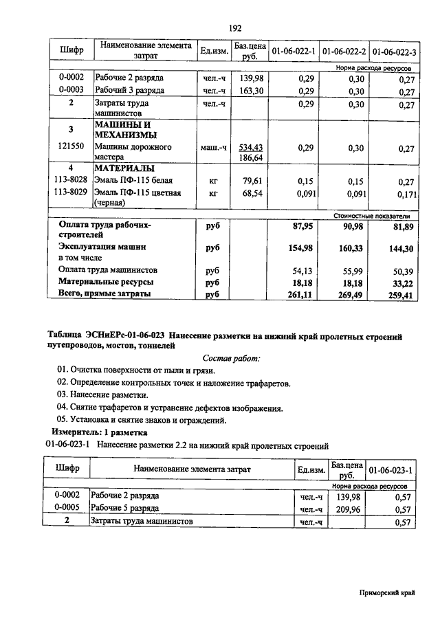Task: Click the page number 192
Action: coord(234,28)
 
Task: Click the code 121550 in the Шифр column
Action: coord(71,147)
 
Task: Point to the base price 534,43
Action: coord(251,147)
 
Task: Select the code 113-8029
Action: coord(71,193)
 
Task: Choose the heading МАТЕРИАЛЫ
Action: coord(124,168)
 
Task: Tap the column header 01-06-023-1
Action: coord(390,469)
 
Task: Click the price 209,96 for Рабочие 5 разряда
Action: coord(346,509)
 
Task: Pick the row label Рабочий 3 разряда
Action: coord(129,91)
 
